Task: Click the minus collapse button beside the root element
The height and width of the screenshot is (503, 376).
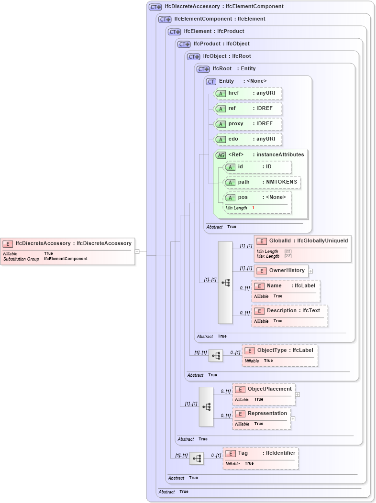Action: coord(137,251)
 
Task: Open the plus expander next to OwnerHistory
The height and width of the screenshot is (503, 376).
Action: coord(310,271)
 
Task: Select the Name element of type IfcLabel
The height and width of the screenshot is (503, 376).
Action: coord(286,290)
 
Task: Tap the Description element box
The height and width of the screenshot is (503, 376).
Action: coord(289,315)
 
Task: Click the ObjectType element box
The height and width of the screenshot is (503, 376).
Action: coord(280,355)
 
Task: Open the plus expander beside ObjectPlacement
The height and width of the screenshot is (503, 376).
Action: coord(298,394)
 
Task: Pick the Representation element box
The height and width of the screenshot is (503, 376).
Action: coord(262,418)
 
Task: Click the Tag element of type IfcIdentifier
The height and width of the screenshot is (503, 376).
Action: coord(261,458)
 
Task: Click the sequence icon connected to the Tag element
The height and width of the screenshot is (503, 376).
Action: coord(196,459)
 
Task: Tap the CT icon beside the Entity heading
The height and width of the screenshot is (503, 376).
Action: coord(211,81)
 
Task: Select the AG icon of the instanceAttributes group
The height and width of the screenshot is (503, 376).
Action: coord(221,155)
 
